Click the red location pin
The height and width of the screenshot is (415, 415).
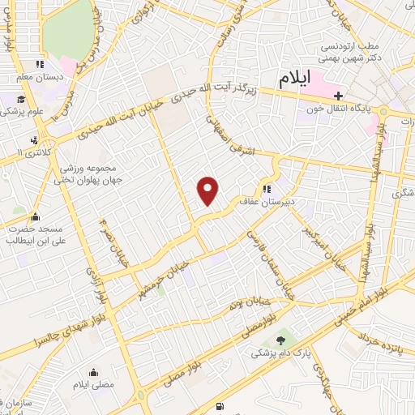[208, 190]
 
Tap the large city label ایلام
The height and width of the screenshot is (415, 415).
[295, 79]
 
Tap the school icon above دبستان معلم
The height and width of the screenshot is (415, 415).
[38, 65]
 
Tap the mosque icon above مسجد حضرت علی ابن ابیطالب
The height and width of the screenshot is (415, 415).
[35, 216]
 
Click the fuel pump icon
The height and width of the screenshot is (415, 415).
[220, 406]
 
